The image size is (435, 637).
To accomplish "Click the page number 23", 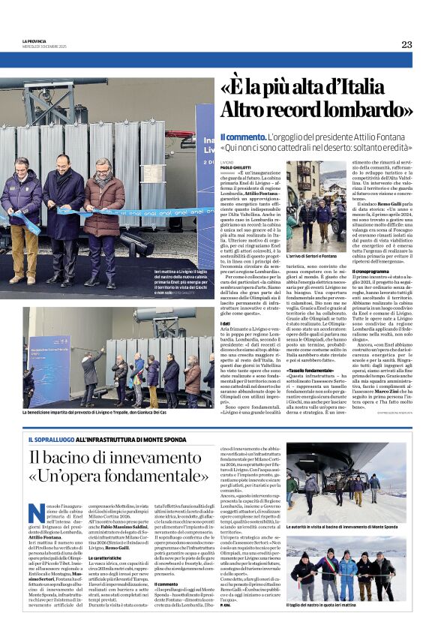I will coord(406,44).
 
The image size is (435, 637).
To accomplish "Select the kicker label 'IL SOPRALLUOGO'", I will coord(50,439).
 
